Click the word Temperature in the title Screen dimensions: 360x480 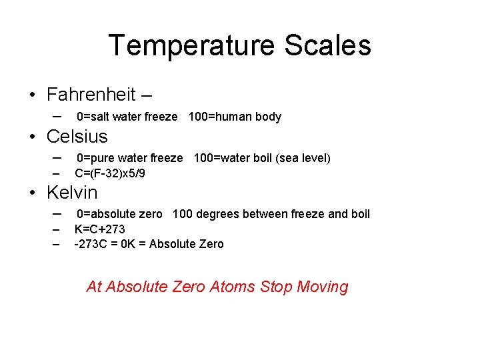191,46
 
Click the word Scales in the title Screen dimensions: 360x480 327,46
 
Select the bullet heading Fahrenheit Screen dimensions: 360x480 91,95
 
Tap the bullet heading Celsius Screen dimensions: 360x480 77,137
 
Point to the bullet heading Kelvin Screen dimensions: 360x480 72,193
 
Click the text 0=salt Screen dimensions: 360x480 93,117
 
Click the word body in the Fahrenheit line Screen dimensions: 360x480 269,117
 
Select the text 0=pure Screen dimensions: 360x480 94,159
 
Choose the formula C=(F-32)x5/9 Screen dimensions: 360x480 110,174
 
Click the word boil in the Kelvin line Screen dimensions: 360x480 360,215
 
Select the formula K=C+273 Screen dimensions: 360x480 100,230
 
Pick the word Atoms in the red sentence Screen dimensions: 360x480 233,287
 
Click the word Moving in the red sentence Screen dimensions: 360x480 323,287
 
